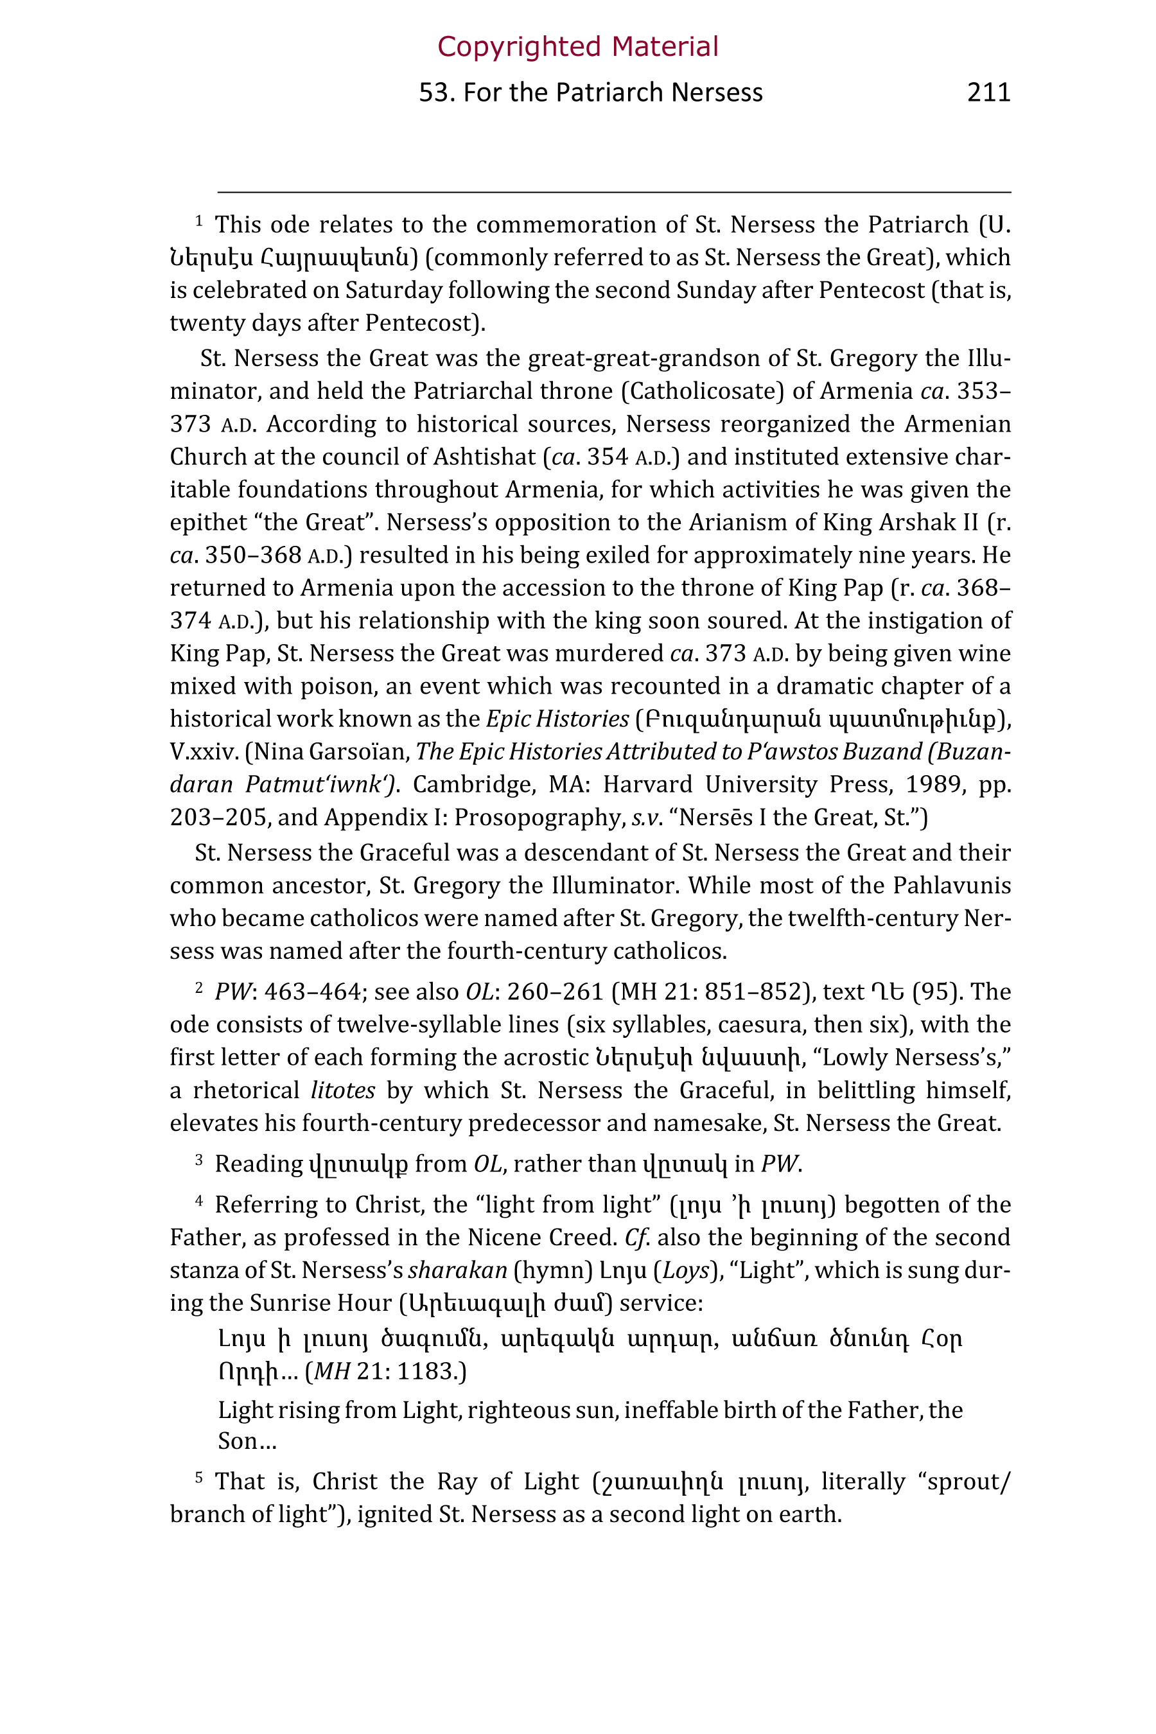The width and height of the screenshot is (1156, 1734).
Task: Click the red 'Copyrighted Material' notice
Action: tap(577, 46)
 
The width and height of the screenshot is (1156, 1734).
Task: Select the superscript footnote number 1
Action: tap(198, 220)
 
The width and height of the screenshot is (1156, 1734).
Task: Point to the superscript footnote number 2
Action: tap(198, 986)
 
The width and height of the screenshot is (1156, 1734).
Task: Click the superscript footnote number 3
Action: tap(198, 1159)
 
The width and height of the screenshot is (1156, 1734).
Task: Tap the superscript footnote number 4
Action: tap(198, 1200)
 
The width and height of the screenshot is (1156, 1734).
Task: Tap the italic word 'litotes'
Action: tap(343, 1090)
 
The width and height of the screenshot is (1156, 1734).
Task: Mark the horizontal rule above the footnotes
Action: tap(613, 193)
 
